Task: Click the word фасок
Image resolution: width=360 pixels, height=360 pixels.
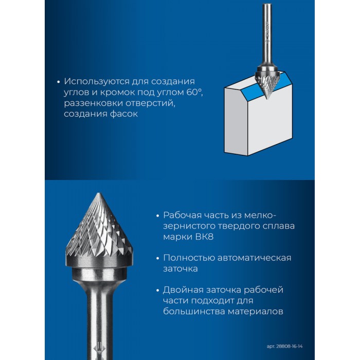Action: click(x=124, y=114)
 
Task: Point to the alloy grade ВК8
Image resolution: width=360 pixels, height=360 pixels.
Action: click(x=204, y=237)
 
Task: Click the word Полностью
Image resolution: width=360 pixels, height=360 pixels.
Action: click(x=189, y=258)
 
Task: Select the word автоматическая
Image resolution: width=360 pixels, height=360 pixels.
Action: click(x=254, y=258)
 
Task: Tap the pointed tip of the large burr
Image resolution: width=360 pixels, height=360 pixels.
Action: click(x=99, y=193)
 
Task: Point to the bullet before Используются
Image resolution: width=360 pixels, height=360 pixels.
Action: click(x=58, y=82)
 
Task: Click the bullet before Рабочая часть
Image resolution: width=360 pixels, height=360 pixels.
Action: click(x=157, y=215)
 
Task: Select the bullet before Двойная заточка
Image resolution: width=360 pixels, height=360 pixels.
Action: click(x=157, y=291)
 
